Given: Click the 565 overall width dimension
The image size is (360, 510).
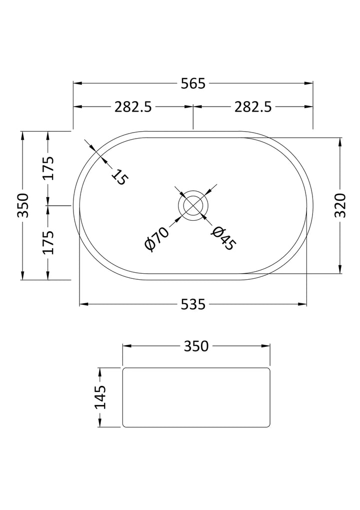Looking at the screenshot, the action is pyautogui.click(x=193, y=84).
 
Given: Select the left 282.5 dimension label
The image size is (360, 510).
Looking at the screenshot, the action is pyautogui.click(x=133, y=107).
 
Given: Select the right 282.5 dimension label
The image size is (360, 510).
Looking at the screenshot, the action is pyautogui.click(x=253, y=107).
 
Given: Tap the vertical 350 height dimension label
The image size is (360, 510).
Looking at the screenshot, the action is pyautogui.click(x=23, y=205).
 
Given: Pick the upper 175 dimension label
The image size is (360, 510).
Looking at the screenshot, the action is pyautogui.click(x=48, y=168).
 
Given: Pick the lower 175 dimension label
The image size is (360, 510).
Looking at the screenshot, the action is pyautogui.click(x=48, y=242).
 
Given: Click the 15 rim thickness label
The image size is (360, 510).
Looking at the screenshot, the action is pyautogui.click(x=120, y=177).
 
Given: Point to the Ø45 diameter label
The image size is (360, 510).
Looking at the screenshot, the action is pyautogui.click(x=223, y=238).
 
